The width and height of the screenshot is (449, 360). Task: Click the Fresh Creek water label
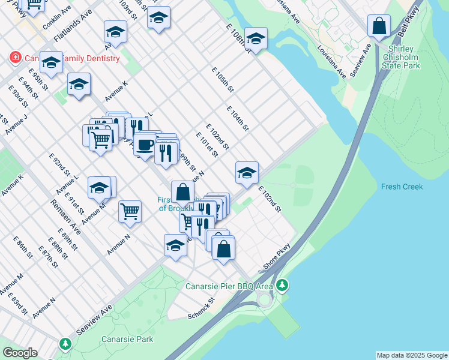pos(402,187)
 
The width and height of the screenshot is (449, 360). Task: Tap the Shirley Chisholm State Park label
pos(404,57)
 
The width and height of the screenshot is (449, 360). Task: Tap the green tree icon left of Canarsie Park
pos(65,344)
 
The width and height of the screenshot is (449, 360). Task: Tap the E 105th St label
pos(223,79)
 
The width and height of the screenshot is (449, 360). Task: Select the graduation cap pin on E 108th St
pos(256,40)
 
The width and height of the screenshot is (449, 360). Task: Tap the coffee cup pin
pos(144,145)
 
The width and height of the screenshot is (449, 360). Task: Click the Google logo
pos(20,352)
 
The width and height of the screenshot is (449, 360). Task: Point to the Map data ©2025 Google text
pos(411,355)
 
